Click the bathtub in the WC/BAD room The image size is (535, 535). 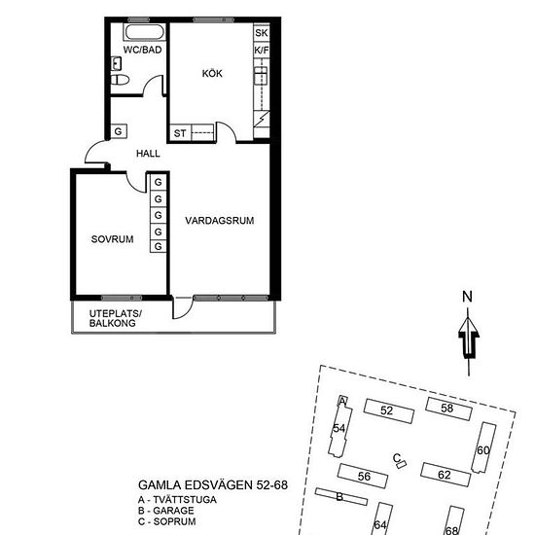point(144,32)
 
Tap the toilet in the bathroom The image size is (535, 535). point(120,80)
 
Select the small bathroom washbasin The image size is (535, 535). point(116,64)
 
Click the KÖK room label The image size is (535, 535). point(212,73)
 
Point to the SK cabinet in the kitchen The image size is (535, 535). point(262,33)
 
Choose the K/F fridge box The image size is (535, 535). point(262,51)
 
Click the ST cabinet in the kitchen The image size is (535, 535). point(180,132)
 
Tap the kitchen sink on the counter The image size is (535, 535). point(261,76)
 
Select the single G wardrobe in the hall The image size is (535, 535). point(119,131)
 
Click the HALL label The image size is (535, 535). point(148,154)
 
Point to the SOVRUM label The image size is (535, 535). point(112,239)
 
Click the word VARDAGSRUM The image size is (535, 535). point(220,221)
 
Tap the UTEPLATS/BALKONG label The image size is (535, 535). point(116,318)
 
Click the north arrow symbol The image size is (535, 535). point(469,338)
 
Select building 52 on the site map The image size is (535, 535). point(389,410)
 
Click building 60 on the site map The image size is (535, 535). point(483,447)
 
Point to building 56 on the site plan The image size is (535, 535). point(363,476)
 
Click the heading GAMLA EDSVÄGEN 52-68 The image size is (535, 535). point(213,484)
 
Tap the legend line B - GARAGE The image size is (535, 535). point(166,511)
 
